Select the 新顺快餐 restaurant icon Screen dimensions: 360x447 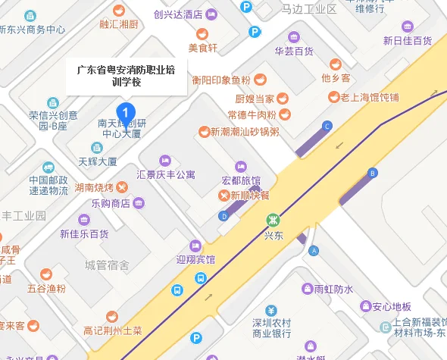coord(224,195)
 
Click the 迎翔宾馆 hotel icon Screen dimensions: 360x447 coord(195,245)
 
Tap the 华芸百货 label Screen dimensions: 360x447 coord(294,52)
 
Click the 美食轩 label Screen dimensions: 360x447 coord(202,49)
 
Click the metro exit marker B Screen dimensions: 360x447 coord(372,173)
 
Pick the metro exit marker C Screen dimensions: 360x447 coord(327,125)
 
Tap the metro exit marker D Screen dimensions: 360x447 coord(223,216)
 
